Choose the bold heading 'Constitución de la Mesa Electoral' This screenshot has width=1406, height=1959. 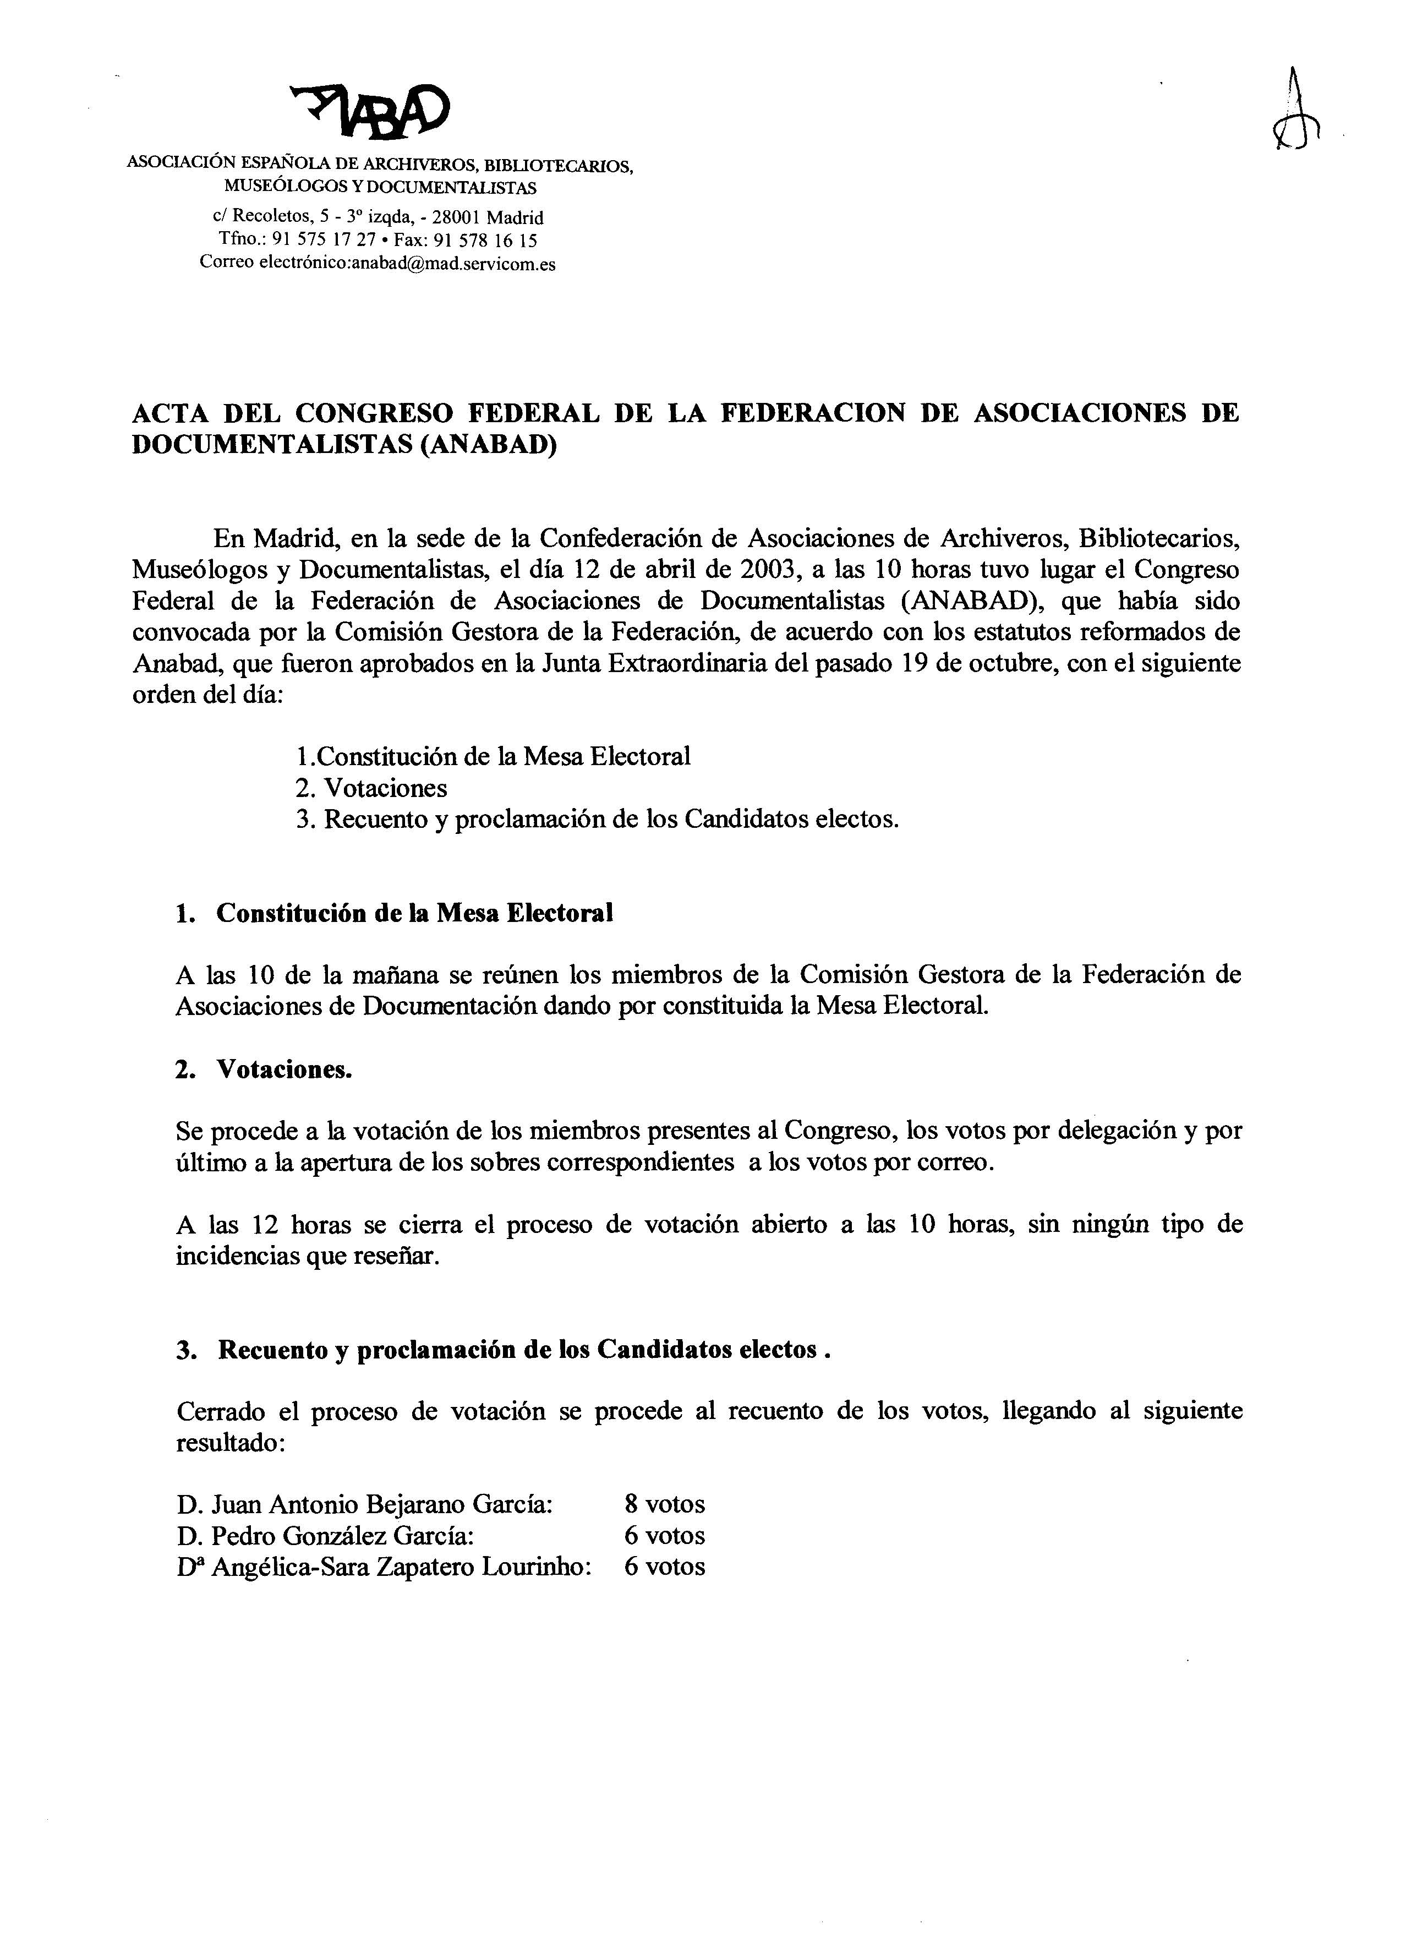[414, 913]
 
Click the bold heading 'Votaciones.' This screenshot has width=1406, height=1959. [285, 1069]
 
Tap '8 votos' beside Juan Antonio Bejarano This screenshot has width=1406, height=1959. [664, 1504]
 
